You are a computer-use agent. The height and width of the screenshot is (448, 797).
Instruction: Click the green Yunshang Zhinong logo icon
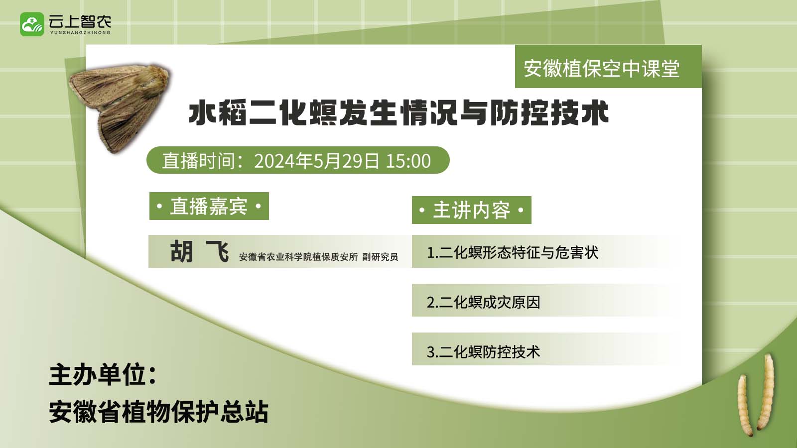click(x=32, y=24)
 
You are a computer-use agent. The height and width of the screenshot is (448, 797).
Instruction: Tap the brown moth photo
click(x=119, y=107)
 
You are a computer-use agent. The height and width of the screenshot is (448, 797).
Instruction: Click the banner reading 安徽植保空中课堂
click(x=601, y=68)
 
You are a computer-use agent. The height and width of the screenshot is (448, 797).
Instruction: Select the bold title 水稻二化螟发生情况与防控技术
click(x=398, y=113)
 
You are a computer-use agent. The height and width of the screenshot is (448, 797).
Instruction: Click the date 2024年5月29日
click(x=317, y=161)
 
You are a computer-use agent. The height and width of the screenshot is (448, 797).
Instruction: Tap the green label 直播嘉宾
click(x=209, y=206)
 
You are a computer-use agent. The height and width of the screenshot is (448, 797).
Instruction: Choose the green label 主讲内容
click(x=471, y=210)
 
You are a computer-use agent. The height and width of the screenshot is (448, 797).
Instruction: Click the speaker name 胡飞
click(x=200, y=251)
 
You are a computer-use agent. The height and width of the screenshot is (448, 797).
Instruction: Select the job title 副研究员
click(x=380, y=257)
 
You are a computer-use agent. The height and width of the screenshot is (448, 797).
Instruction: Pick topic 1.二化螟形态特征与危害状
click(x=513, y=252)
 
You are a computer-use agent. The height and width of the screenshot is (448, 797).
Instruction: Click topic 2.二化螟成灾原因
click(x=483, y=302)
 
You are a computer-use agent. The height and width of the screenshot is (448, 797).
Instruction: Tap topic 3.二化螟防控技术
click(x=483, y=352)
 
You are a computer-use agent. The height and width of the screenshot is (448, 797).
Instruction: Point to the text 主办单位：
click(x=103, y=375)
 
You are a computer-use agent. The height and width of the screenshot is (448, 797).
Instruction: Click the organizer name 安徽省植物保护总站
click(x=159, y=412)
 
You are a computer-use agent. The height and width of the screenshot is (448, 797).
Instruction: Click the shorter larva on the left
click(x=745, y=405)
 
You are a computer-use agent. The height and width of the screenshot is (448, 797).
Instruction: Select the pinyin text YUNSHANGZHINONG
click(x=80, y=33)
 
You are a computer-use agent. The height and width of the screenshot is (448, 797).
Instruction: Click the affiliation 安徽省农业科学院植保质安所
click(x=298, y=257)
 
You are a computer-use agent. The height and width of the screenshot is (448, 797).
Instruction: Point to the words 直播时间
click(x=199, y=161)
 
